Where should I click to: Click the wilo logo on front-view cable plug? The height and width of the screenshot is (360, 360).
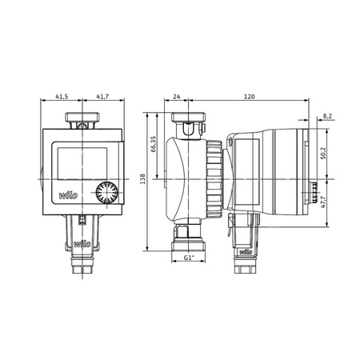81,241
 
